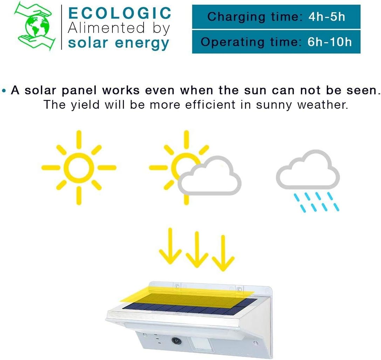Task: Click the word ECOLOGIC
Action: click(x=119, y=13)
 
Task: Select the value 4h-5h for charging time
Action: click(x=327, y=17)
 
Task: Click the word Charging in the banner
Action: click(x=236, y=17)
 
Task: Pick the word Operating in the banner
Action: click(x=232, y=42)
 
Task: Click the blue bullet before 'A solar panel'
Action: click(x=4, y=91)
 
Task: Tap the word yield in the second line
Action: click(x=85, y=105)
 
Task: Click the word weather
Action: click(x=323, y=105)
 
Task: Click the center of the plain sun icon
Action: click(x=79, y=168)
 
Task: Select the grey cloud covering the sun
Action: click(x=209, y=176)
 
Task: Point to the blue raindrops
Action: click(x=316, y=202)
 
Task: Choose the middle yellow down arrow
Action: click(x=197, y=250)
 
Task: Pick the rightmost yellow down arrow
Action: click(x=223, y=253)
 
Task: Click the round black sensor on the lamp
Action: click(x=176, y=340)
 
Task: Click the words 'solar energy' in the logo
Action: click(x=118, y=43)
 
